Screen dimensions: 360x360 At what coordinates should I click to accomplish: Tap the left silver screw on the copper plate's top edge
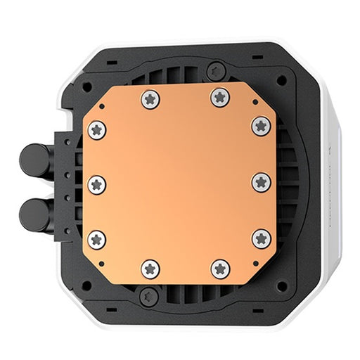150,98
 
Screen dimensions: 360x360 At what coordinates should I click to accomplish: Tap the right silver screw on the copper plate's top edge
220,97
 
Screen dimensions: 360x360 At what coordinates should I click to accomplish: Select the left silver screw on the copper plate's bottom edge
150,268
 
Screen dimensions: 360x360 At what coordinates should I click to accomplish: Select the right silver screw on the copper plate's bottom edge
220,268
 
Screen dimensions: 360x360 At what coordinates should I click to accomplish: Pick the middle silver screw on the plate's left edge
97,184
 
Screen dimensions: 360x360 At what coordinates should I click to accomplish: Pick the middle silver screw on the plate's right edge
262,181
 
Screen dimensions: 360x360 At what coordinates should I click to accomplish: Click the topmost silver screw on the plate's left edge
97,129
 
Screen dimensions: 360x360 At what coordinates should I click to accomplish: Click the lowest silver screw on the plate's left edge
97,239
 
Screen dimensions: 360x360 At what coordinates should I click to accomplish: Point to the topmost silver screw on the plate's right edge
262,126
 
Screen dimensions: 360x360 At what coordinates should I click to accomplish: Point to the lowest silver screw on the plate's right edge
262,238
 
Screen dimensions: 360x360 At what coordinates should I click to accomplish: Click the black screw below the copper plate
149,294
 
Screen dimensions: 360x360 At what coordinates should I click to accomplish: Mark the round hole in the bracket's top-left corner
87,89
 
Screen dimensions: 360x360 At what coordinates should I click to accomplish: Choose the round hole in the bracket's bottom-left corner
86,285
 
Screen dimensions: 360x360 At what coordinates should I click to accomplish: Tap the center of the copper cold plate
179,183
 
